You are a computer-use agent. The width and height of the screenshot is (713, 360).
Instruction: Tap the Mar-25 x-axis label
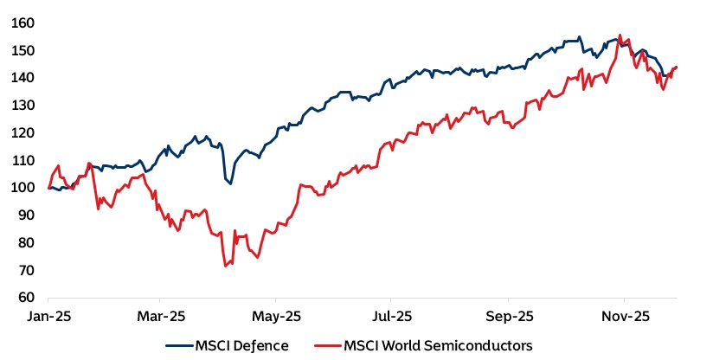pyautogui.click(x=162, y=317)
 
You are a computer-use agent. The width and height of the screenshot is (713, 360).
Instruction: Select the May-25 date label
pyautogui.click(x=277, y=317)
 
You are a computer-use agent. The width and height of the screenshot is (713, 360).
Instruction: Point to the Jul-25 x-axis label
pyautogui.click(x=392, y=317)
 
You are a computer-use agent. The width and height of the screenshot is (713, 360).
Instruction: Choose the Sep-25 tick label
pyautogui.click(x=508, y=317)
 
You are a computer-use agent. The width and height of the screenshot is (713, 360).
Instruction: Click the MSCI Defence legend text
pyautogui.click(x=241, y=345)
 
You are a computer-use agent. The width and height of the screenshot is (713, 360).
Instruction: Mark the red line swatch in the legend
pyautogui.click(x=328, y=345)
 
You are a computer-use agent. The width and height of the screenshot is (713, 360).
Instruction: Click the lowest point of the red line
pyautogui.click(x=226, y=266)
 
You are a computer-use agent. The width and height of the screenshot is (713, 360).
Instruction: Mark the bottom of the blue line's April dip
pyautogui.click(x=229, y=183)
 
